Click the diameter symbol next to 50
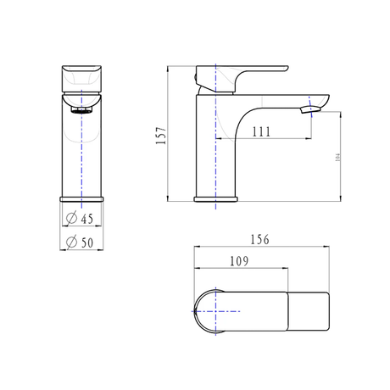[73, 243]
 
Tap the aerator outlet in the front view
[81, 109]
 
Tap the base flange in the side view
[218, 200]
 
